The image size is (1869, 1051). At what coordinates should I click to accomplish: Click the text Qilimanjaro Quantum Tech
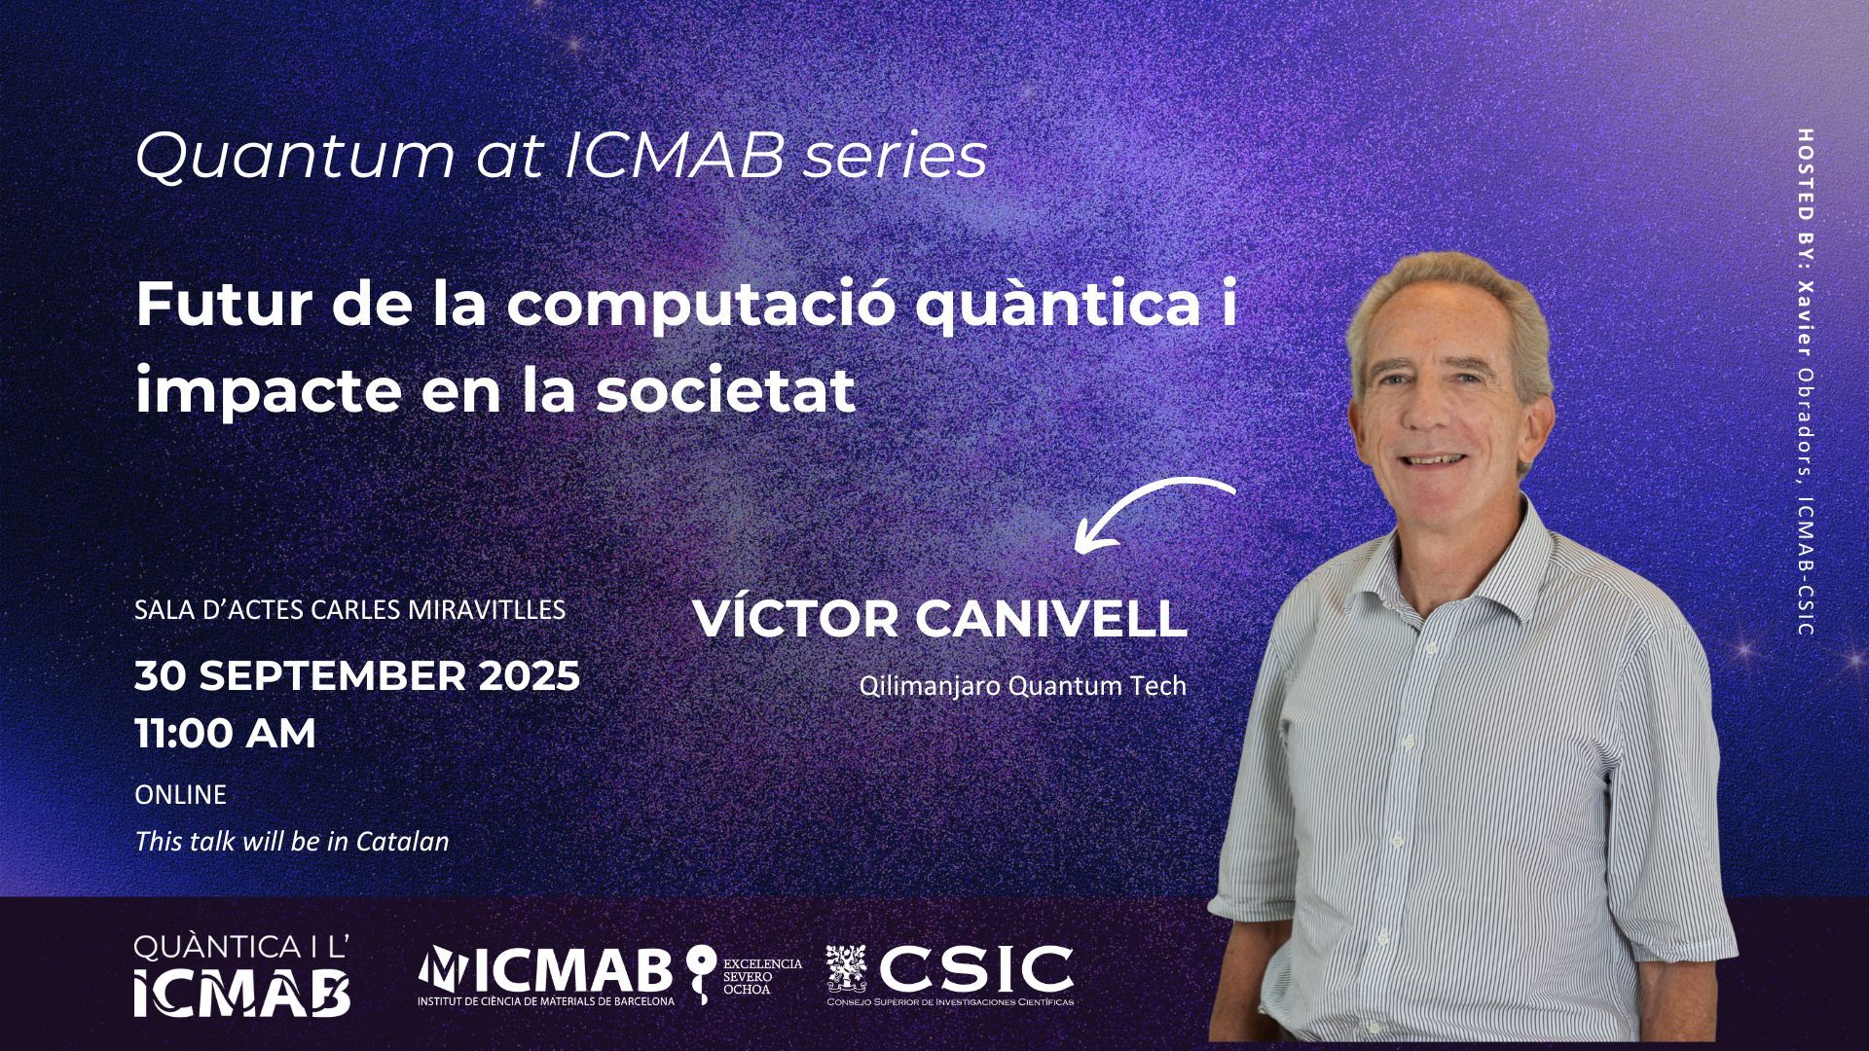(1022, 685)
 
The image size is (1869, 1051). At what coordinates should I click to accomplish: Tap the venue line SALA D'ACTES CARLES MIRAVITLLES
(349, 610)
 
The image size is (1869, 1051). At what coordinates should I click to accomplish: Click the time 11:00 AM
(225, 734)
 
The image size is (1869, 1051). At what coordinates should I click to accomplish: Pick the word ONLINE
(180, 794)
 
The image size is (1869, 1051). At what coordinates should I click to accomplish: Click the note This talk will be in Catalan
(292, 841)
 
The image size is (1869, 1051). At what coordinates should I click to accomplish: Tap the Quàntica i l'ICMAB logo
(242, 975)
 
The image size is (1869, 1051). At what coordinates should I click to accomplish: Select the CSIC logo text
(975, 967)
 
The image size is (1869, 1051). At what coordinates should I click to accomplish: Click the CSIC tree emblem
(848, 968)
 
